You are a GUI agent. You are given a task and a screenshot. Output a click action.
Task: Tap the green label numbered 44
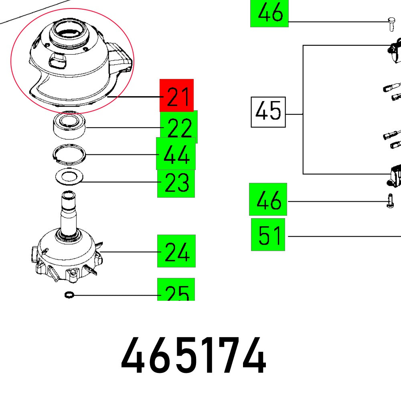(x=176, y=154)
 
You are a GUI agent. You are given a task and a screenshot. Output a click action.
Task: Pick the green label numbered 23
(x=176, y=183)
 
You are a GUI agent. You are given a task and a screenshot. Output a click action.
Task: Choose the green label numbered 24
(x=176, y=251)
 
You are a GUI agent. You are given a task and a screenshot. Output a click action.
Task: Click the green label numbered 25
(x=176, y=290)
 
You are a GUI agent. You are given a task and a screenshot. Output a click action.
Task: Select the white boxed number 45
(x=268, y=112)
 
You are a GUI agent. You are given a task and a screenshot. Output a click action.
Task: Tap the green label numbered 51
(x=268, y=235)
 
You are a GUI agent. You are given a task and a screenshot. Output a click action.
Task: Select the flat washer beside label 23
(x=69, y=177)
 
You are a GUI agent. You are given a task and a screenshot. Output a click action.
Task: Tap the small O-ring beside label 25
(x=69, y=295)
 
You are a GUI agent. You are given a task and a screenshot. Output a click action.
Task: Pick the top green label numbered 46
(x=269, y=13)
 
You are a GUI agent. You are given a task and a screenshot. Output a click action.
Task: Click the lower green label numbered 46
(x=268, y=199)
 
